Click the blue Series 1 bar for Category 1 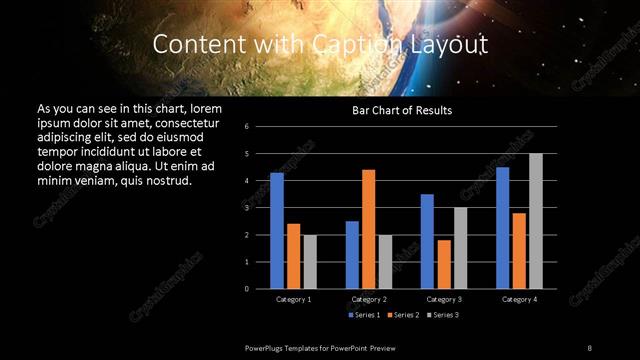277,230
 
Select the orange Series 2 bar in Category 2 369,229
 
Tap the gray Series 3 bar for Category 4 536,221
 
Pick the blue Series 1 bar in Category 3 427,241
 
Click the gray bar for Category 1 310,261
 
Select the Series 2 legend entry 402,315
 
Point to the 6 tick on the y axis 260,127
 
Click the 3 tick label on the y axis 260,208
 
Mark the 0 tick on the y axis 260,289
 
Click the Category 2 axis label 369,299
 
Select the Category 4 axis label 519,299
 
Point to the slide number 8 590,347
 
